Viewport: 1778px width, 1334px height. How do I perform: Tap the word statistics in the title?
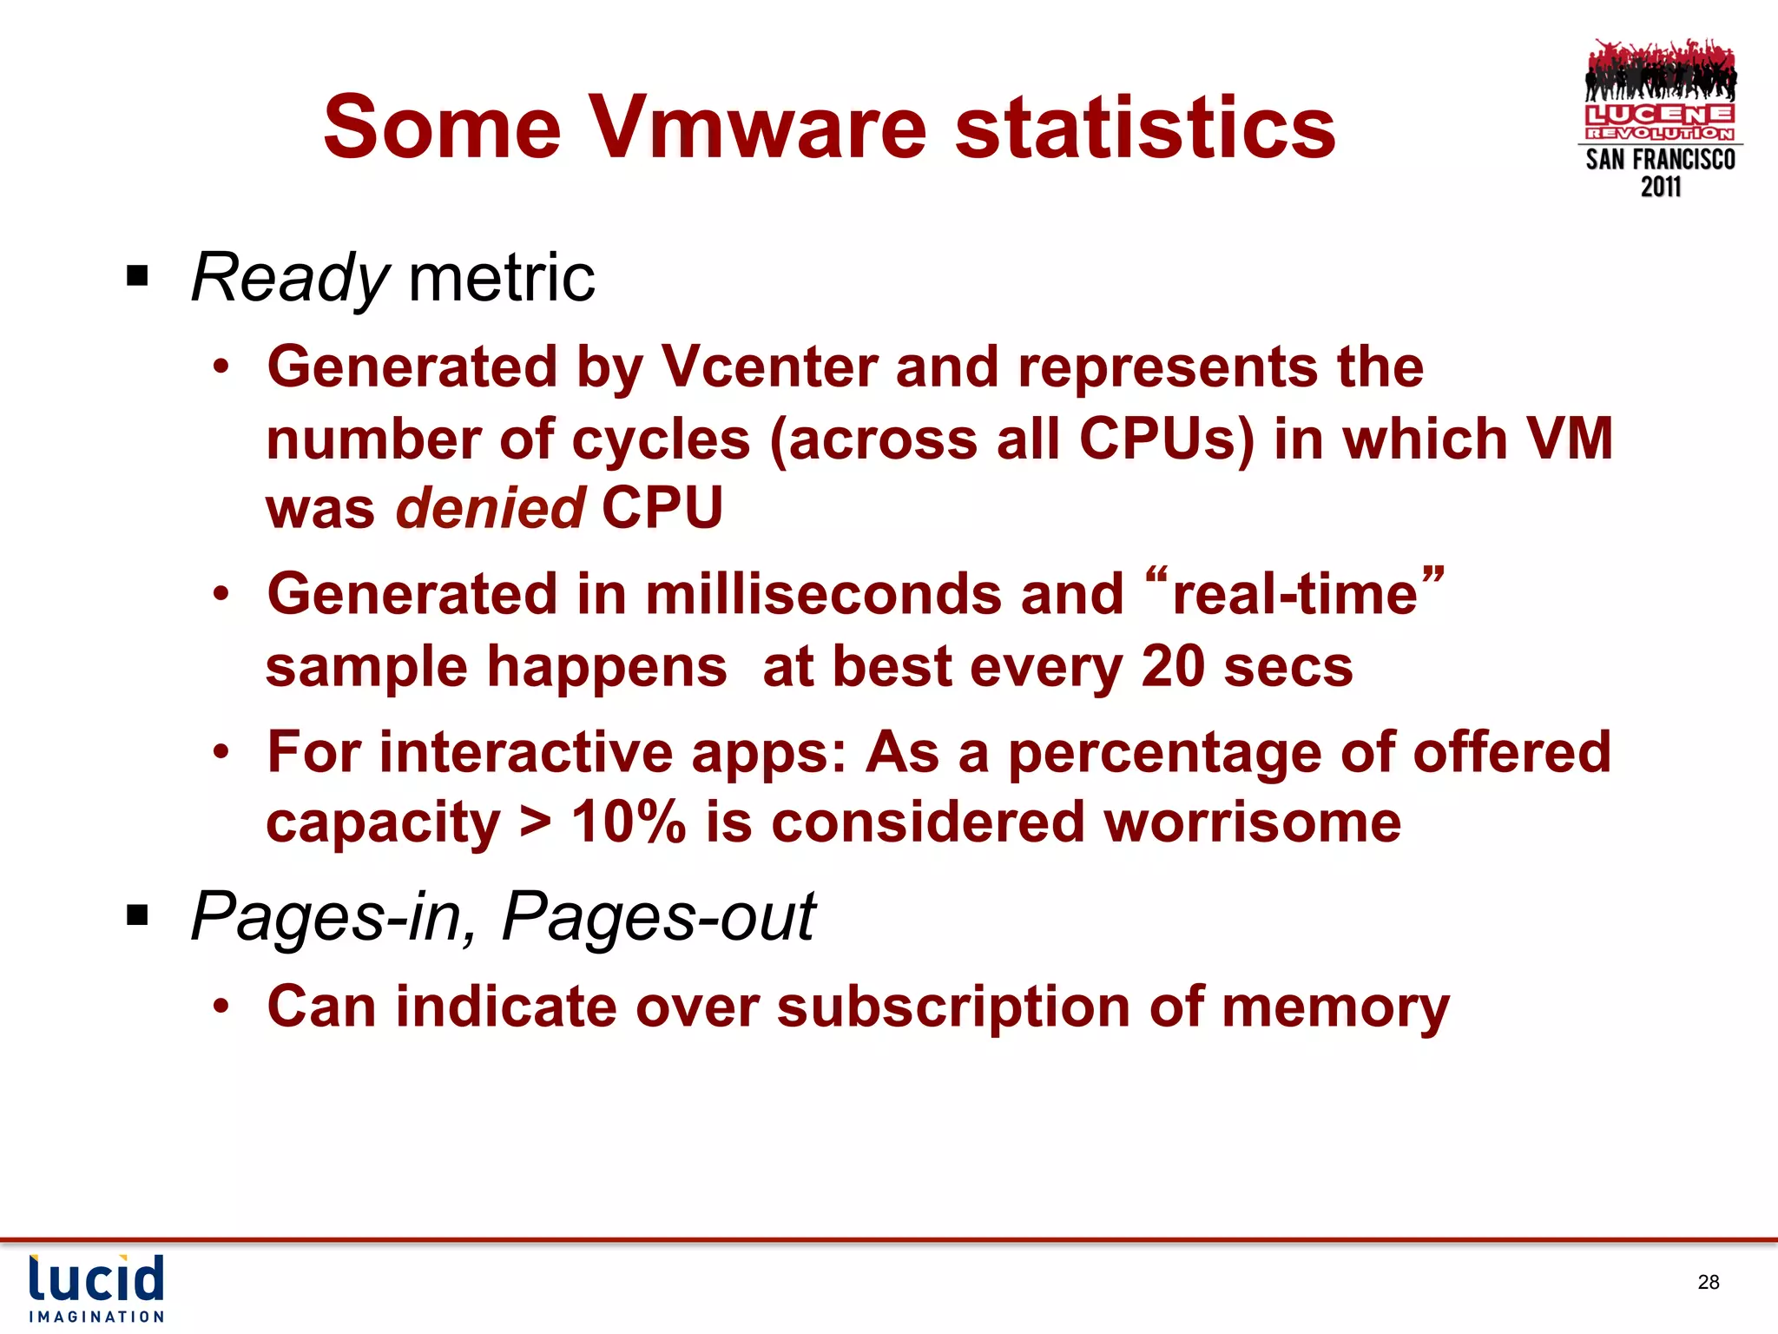pyautogui.click(x=1145, y=128)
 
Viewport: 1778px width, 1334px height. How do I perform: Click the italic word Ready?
pyautogui.click(x=290, y=278)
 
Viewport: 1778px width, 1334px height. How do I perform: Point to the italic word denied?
pyautogui.click(x=491, y=508)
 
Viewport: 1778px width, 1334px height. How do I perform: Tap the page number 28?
pyautogui.click(x=1709, y=1282)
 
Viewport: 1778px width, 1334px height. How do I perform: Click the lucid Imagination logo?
pyautogui.click(x=96, y=1288)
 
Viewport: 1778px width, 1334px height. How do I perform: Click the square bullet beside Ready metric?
pyautogui.click(x=137, y=277)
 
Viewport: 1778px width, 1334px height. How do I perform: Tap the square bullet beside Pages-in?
pyautogui.click(x=137, y=915)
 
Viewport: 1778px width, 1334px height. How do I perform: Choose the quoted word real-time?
pyautogui.click(x=1294, y=595)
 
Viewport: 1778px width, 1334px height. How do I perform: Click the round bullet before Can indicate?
pyautogui.click(x=222, y=1007)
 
